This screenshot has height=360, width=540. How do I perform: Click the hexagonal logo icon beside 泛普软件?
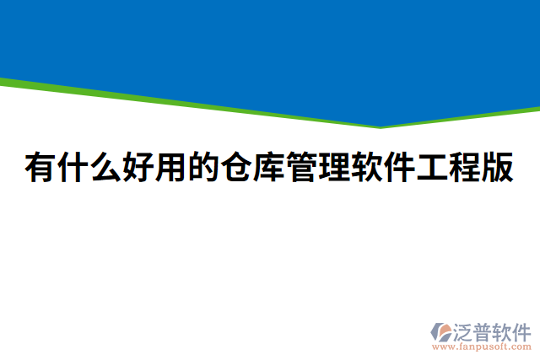[x=441, y=330]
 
